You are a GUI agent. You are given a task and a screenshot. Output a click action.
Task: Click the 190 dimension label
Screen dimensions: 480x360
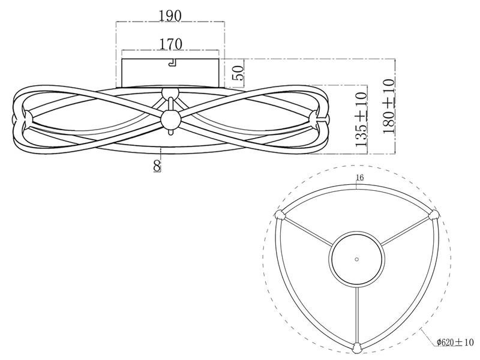[x=170, y=16]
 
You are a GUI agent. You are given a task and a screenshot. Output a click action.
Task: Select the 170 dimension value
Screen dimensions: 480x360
[x=170, y=44]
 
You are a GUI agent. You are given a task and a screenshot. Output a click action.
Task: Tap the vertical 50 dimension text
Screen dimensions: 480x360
[x=239, y=73]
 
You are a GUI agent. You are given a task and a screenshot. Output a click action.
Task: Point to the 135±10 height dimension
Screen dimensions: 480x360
[x=361, y=119]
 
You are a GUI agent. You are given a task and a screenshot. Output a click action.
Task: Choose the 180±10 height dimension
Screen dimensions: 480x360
[x=388, y=106]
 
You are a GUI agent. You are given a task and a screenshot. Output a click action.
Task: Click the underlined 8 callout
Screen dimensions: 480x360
[x=157, y=166]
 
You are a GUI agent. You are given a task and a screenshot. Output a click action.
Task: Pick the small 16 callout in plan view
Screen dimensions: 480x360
[x=360, y=178]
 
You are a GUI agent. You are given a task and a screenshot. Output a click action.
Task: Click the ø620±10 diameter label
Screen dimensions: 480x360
[x=455, y=342]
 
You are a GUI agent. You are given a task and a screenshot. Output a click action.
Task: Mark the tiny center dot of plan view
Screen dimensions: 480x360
[x=356, y=259]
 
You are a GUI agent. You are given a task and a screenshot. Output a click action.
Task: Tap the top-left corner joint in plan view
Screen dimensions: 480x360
[x=280, y=215]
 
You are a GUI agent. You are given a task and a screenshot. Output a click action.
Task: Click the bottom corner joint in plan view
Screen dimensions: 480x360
[x=356, y=348]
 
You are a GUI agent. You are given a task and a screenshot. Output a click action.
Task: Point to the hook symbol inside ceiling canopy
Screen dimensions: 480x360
[x=172, y=62]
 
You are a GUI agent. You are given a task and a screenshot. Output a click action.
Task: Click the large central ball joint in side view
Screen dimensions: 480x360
[x=171, y=119]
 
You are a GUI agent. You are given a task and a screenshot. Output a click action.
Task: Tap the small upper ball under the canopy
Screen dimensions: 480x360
[x=170, y=93]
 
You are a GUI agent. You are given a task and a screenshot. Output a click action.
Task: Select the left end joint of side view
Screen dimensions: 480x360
[x=28, y=118]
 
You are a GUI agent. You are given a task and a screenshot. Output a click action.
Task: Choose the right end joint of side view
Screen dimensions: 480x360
[x=313, y=118]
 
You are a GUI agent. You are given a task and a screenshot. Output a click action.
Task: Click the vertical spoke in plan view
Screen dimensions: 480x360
[x=356, y=315]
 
